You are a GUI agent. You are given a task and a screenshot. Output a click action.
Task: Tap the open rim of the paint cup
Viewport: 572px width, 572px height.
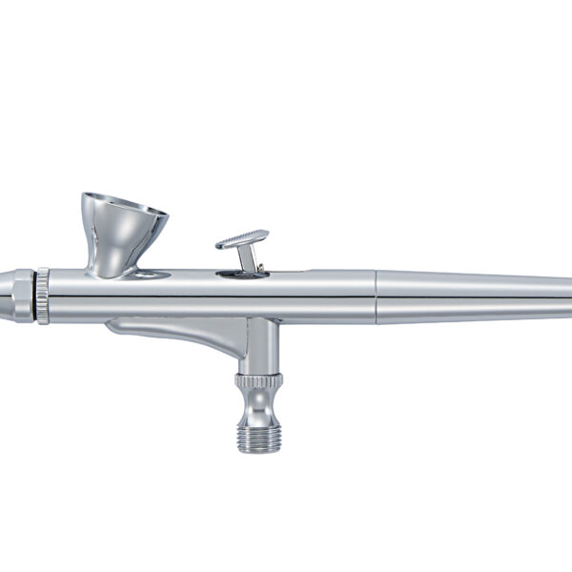[124, 202]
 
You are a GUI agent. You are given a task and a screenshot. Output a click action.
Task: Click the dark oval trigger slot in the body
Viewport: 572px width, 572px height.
[242, 275]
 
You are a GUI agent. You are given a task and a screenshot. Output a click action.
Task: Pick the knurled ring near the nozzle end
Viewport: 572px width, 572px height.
[43, 296]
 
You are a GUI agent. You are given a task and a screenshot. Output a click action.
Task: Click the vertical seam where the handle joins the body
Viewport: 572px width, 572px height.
[376, 296]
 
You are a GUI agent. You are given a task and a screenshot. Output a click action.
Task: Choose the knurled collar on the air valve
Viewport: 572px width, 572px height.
[259, 381]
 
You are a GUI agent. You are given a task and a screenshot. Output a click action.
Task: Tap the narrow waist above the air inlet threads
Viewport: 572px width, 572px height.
[259, 408]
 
